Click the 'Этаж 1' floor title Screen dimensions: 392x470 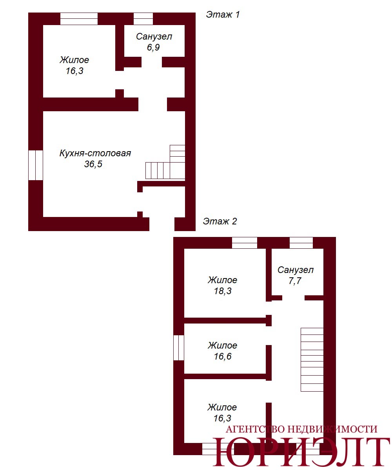click(223, 14)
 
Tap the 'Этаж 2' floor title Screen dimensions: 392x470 click(220, 221)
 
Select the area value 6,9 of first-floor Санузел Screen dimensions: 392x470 click(153, 47)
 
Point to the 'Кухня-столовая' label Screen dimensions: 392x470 click(95, 153)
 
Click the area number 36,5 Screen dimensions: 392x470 click(93, 164)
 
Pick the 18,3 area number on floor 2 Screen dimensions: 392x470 click(223, 291)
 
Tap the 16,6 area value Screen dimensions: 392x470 click(223, 356)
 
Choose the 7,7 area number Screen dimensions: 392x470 click(295, 281)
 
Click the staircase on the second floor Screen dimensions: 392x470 click(312, 360)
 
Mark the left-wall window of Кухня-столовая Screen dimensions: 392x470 click(36, 165)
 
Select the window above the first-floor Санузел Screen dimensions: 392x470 click(143, 19)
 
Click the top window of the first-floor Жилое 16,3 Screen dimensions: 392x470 click(79, 19)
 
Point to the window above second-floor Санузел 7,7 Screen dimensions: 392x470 click(301, 243)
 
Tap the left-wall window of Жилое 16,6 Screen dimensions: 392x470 click(179, 348)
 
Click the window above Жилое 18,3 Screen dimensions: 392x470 click(245, 243)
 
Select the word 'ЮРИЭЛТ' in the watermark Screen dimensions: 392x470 click(301, 451)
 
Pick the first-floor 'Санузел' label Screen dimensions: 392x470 click(154, 37)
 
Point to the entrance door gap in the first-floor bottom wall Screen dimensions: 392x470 click(162, 224)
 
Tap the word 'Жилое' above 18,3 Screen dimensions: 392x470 click(222, 280)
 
